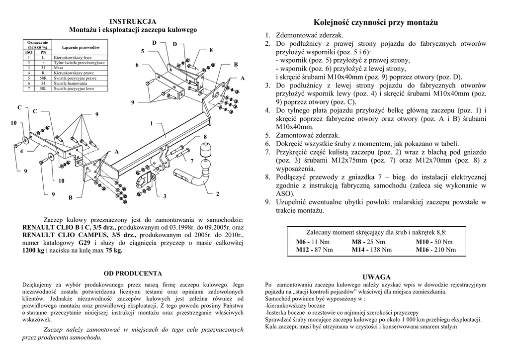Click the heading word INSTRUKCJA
(x=133, y=21)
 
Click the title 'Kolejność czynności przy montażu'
(x=376, y=22)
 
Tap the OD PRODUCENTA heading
(x=133, y=273)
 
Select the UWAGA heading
(x=376, y=276)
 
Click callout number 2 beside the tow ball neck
(x=217, y=194)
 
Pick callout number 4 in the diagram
(x=21, y=151)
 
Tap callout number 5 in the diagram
(x=143, y=51)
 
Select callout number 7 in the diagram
(x=191, y=162)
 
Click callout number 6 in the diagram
(x=137, y=66)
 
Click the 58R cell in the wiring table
(x=43, y=79)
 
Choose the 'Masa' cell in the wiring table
(x=58, y=68)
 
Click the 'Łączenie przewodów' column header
(x=81, y=47)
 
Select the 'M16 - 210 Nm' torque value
(x=435, y=250)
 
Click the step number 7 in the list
(x=267, y=152)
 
